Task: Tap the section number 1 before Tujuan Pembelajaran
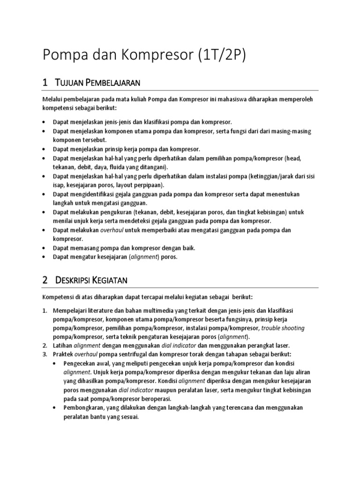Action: click(x=45, y=82)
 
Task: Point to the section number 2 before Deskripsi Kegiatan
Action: click(x=45, y=280)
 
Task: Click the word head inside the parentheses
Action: click(x=295, y=158)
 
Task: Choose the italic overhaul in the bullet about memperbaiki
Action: click(x=113, y=230)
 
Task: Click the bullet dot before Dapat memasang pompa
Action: click(x=44, y=247)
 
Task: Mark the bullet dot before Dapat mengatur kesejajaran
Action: click(x=44, y=256)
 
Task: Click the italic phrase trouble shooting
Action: click(x=283, y=328)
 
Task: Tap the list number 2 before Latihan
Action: click(x=45, y=345)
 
